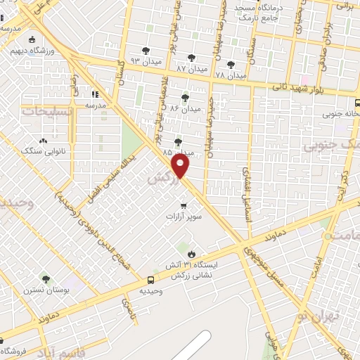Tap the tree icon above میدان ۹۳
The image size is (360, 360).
tap(146, 51)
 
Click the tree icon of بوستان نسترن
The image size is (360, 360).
tap(46, 279)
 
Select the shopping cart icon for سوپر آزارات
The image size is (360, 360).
tap(184, 206)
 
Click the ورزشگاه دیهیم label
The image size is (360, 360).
tap(43, 51)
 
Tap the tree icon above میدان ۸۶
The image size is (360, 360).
tap(185, 98)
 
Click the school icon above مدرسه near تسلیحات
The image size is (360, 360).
tap(96, 94)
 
